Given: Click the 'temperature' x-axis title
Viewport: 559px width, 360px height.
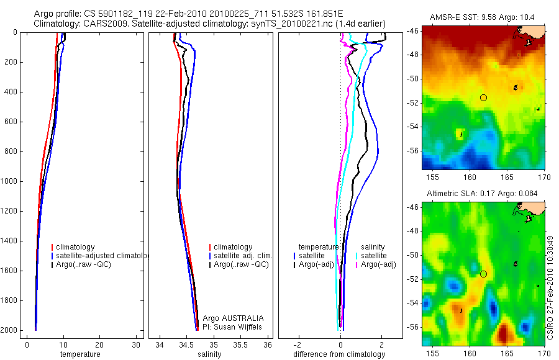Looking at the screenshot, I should click(x=80, y=354).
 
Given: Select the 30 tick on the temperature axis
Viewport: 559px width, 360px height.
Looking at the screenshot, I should click(x=136, y=344).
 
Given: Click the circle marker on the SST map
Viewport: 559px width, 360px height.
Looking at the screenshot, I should click(x=484, y=97).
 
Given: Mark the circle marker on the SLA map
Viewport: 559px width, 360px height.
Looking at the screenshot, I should click(x=484, y=274).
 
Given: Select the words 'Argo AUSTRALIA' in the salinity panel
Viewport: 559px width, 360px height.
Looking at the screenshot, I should click(x=229, y=318).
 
